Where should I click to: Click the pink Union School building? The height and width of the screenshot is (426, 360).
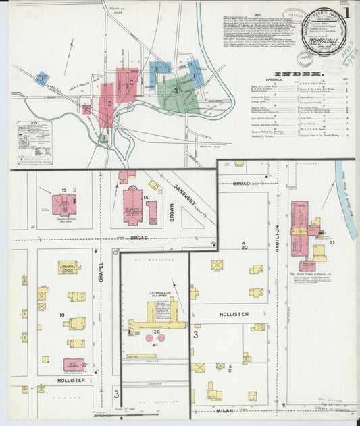[x=64, y=204]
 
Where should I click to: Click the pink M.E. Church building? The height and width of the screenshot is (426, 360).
[x=74, y=365]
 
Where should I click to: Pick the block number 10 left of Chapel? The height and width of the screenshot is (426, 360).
[x=61, y=315]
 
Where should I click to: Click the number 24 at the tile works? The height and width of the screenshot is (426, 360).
[x=157, y=332]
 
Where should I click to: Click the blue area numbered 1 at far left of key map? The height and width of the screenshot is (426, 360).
[x=42, y=78]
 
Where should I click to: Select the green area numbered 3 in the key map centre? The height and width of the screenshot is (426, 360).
[x=178, y=90]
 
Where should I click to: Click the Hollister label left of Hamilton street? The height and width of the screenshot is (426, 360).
[x=234, y=315]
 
